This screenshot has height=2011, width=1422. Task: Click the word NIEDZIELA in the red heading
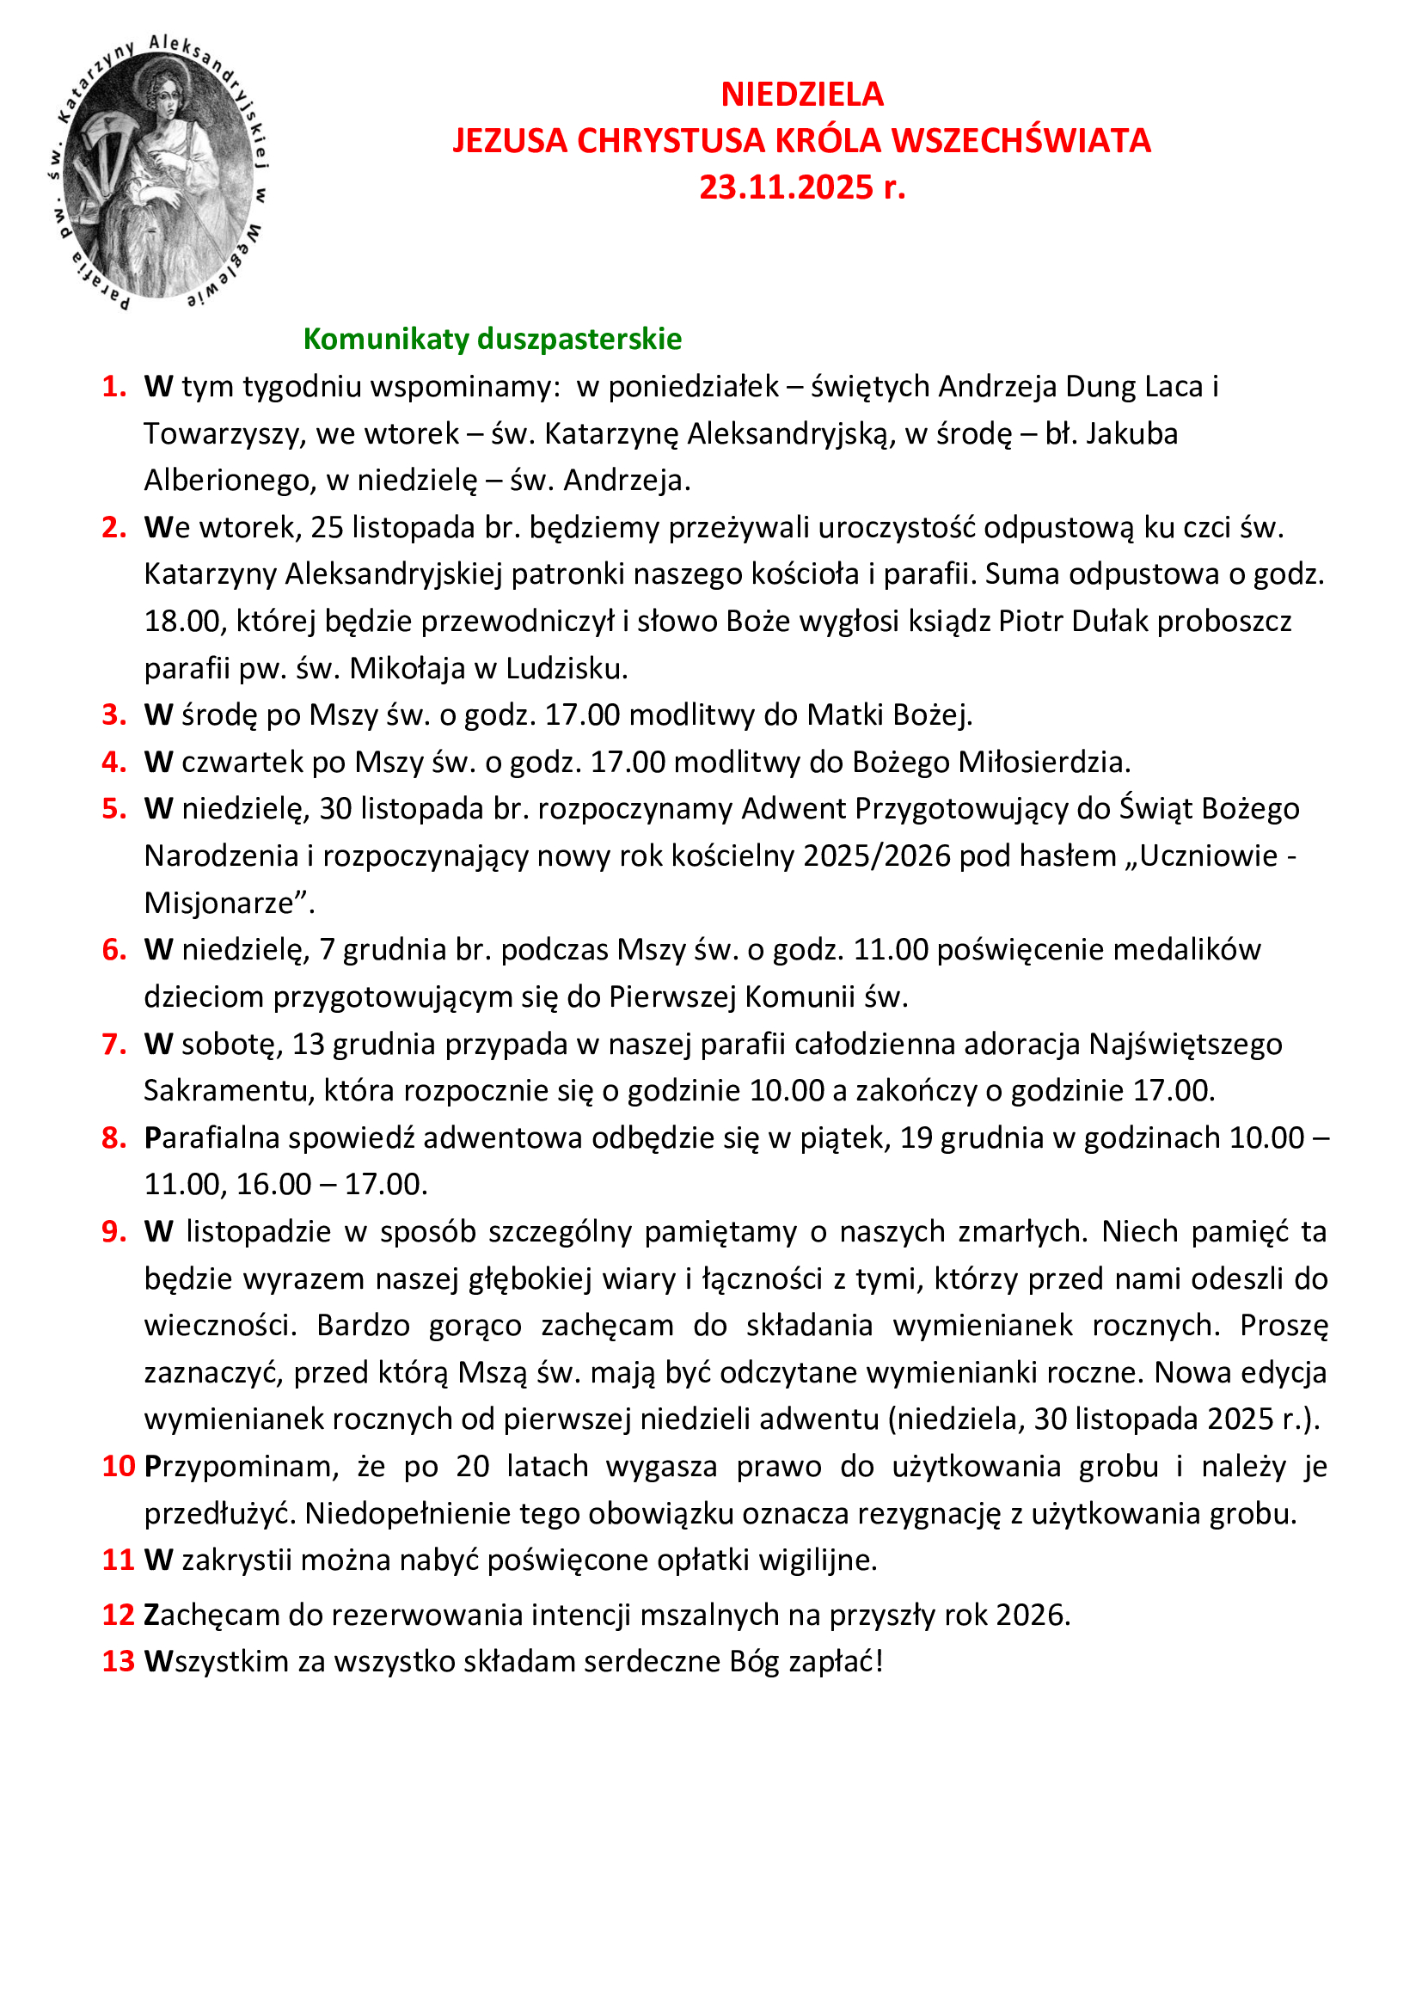tap(801, 95)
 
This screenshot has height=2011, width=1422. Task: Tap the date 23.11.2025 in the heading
tap(786, 187)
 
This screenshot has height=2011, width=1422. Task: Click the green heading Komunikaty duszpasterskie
tap(492, 339)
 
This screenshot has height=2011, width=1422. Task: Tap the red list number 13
tap(118, 1661)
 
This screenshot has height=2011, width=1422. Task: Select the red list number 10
tap(118, 1465)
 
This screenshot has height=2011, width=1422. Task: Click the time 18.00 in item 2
tap(181, 621)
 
